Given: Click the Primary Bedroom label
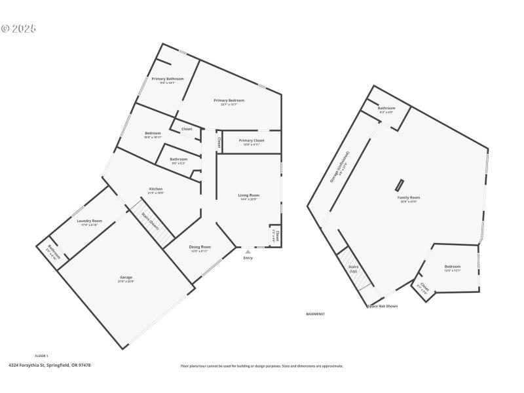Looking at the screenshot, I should tap(229, 100).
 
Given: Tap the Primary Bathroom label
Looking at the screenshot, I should tap(168, 79).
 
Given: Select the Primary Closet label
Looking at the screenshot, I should tap(252, 140).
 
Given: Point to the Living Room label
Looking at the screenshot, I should tap(248, 195).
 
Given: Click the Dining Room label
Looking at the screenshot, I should tap(200, 247).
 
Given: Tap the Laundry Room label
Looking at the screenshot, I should tap(89, 221).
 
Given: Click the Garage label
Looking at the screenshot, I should tap(125, 278).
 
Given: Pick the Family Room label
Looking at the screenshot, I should tap(408, 197).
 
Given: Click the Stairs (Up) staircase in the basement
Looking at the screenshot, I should tap(354, 271).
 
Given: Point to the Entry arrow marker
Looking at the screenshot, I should tap(248, 251).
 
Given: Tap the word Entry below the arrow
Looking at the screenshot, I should tap(248, 257).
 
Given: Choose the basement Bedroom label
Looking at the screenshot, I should tap(453, 267).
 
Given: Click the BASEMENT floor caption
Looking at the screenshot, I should tap(316, 314).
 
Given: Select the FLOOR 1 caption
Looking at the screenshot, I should tap(41, 356).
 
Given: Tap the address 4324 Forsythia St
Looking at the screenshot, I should tap(49, 365).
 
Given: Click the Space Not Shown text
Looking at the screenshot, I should tap(383, 305).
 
